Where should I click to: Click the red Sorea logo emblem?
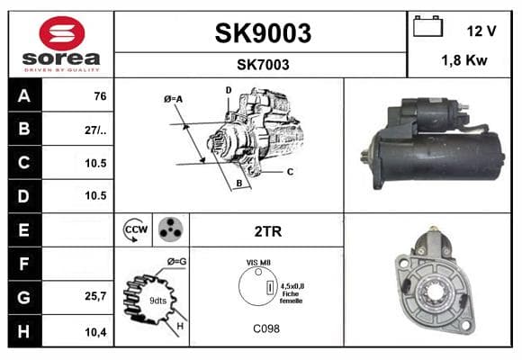[62, 33]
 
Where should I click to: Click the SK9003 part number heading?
[263, 33]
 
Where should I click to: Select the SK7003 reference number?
[263, 65]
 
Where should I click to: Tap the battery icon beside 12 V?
[427, 26]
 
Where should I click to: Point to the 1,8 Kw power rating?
[464, 60]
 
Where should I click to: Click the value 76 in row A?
[100, 96]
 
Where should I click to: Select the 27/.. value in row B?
[95, 130]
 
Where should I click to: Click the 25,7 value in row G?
[95, 296]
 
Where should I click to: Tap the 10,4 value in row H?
[95, 332]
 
